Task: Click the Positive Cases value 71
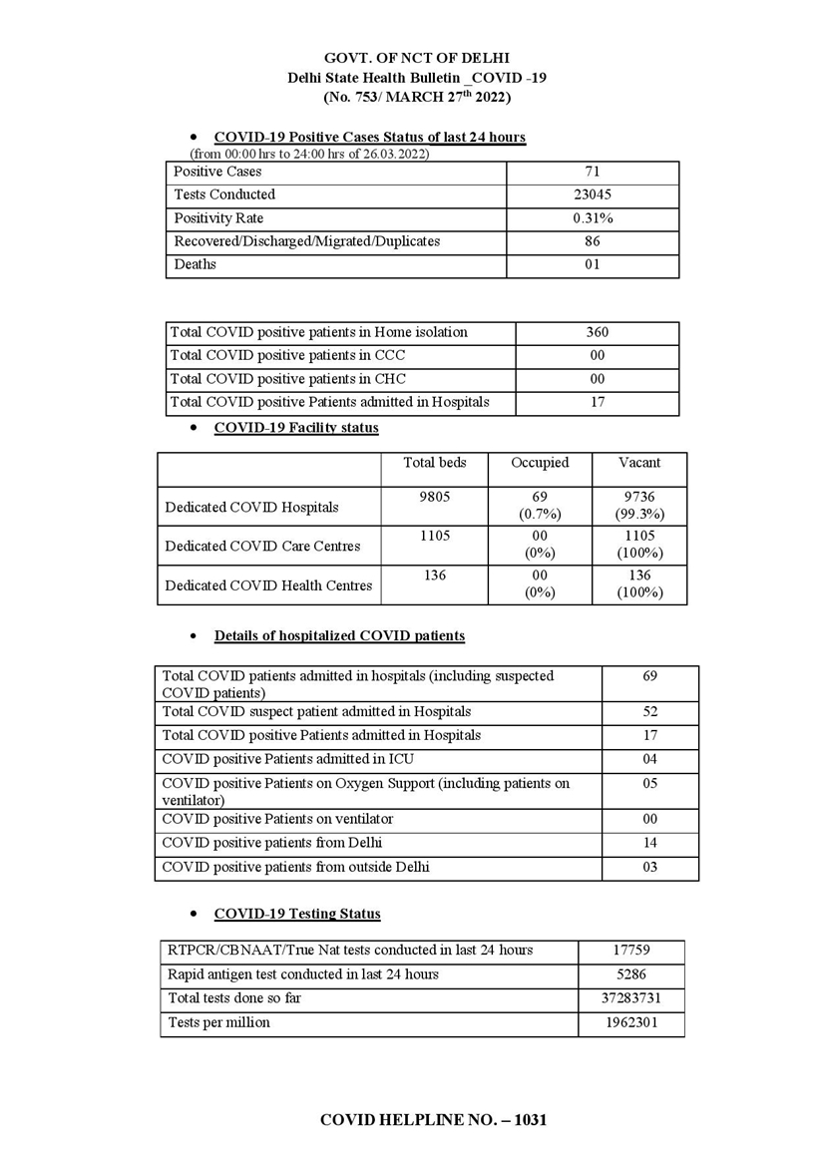point(593,172)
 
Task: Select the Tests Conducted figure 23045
point(593,194)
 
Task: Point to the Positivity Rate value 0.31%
point(593,218)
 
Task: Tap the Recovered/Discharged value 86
point(593,241)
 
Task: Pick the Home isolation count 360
point(598,332)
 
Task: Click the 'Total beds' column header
point(434,463)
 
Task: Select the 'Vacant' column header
point(638,463)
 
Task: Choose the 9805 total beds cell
point(434,497)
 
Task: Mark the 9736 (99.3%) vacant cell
point(638,506)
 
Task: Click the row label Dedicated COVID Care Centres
point(262,547)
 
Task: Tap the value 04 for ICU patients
point(649,760)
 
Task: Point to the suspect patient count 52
point(649,712)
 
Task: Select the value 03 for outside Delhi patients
point(649,868)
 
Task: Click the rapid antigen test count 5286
point(631,974)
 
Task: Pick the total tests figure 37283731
point(631,998)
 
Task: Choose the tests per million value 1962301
point(631,1022)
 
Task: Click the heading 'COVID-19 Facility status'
point(296,428)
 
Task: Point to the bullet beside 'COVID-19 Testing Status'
point(194,915)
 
